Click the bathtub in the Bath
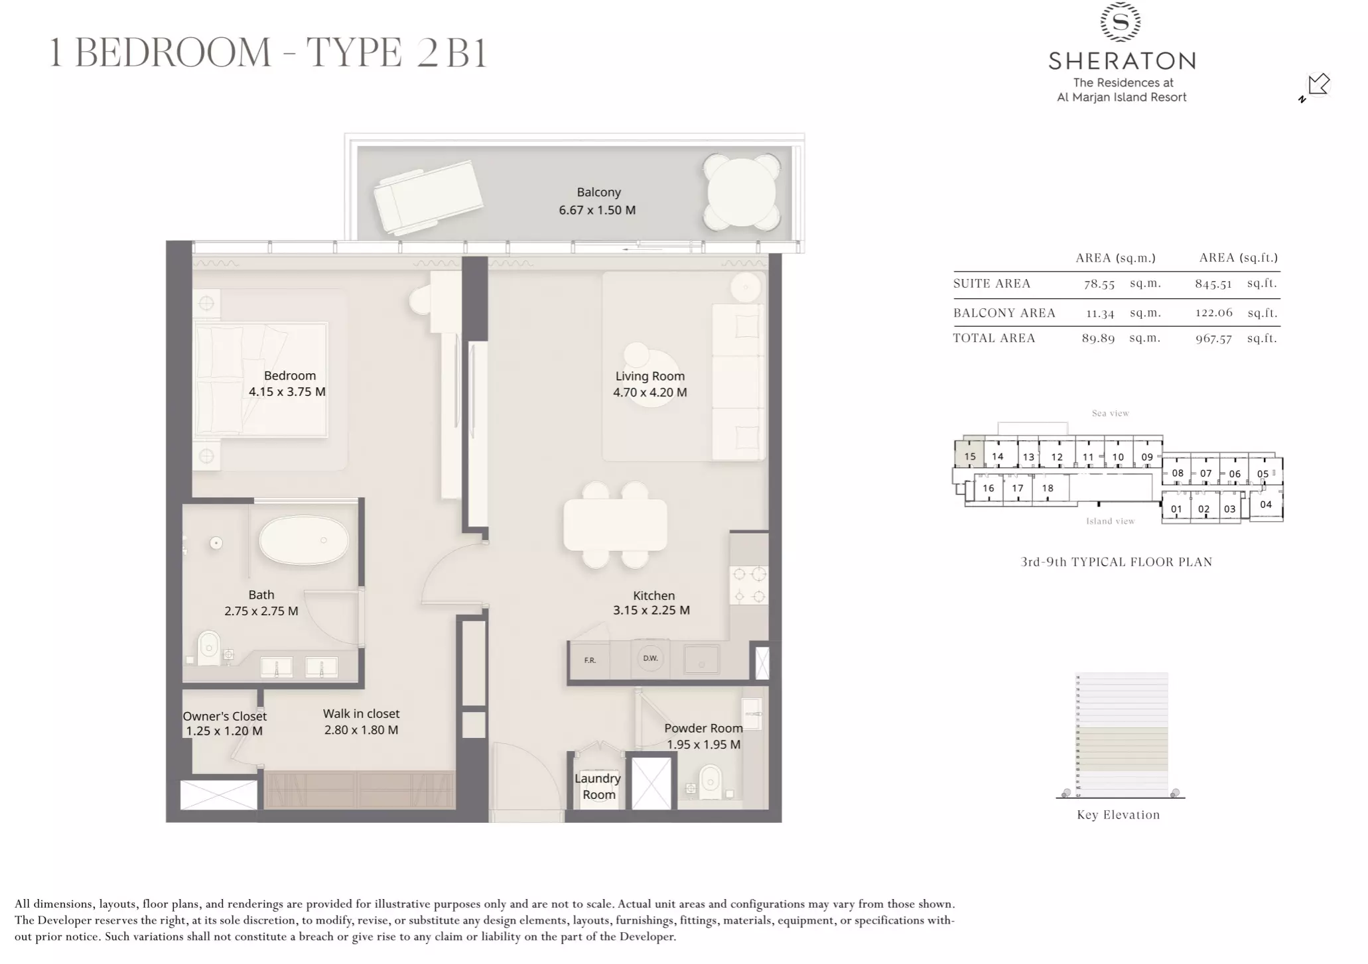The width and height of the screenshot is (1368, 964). point(303,540)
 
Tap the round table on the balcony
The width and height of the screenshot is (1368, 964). point(741,192)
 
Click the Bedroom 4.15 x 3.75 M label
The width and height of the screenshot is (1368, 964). point(287,384)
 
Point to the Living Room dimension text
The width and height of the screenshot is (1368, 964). point(650,392)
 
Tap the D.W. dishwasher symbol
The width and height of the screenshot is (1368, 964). point(650,658)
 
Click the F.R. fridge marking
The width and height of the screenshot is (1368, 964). point(590,660)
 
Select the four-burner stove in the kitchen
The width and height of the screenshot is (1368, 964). point(748,585)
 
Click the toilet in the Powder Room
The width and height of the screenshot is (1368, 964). point(711,782)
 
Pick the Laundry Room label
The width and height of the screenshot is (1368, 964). point(598,786)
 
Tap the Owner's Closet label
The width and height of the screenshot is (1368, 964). point(224,723)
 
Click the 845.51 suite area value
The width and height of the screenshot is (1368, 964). point(1213,284)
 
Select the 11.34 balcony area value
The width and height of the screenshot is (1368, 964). point(1099,314)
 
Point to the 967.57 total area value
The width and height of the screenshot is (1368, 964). point(1213,339)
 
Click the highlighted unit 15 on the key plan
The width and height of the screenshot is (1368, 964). point(969,456)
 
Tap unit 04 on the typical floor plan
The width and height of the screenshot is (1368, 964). point(1265,505)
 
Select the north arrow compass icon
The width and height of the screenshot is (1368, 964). point(1317,86)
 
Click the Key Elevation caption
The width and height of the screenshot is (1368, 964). point(1118,815)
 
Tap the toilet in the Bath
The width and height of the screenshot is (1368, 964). point(209,646)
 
